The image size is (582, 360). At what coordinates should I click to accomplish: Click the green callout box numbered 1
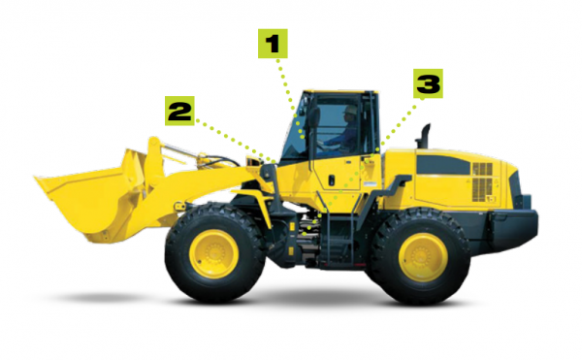tap(273, 44)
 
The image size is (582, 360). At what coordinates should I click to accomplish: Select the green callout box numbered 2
tap(179, 111)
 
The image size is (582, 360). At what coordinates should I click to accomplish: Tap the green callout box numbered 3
tap(429, 83)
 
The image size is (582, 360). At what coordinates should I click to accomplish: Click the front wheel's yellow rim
tap(213, 254)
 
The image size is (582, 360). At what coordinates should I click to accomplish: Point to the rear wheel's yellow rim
tap(423, 257)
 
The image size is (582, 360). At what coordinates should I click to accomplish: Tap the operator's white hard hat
tap(350, 110)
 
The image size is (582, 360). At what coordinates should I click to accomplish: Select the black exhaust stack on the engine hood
tap(423, 136)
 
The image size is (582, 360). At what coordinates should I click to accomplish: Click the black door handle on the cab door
tap(332, 180)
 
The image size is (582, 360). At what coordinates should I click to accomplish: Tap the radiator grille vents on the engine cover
tap(482, 182)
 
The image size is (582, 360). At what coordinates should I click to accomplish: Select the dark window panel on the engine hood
tap(443, 165)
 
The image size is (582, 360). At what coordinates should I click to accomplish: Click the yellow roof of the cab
tap(339, 91)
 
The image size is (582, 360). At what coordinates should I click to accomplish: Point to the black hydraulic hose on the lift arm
tap(222, 159)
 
